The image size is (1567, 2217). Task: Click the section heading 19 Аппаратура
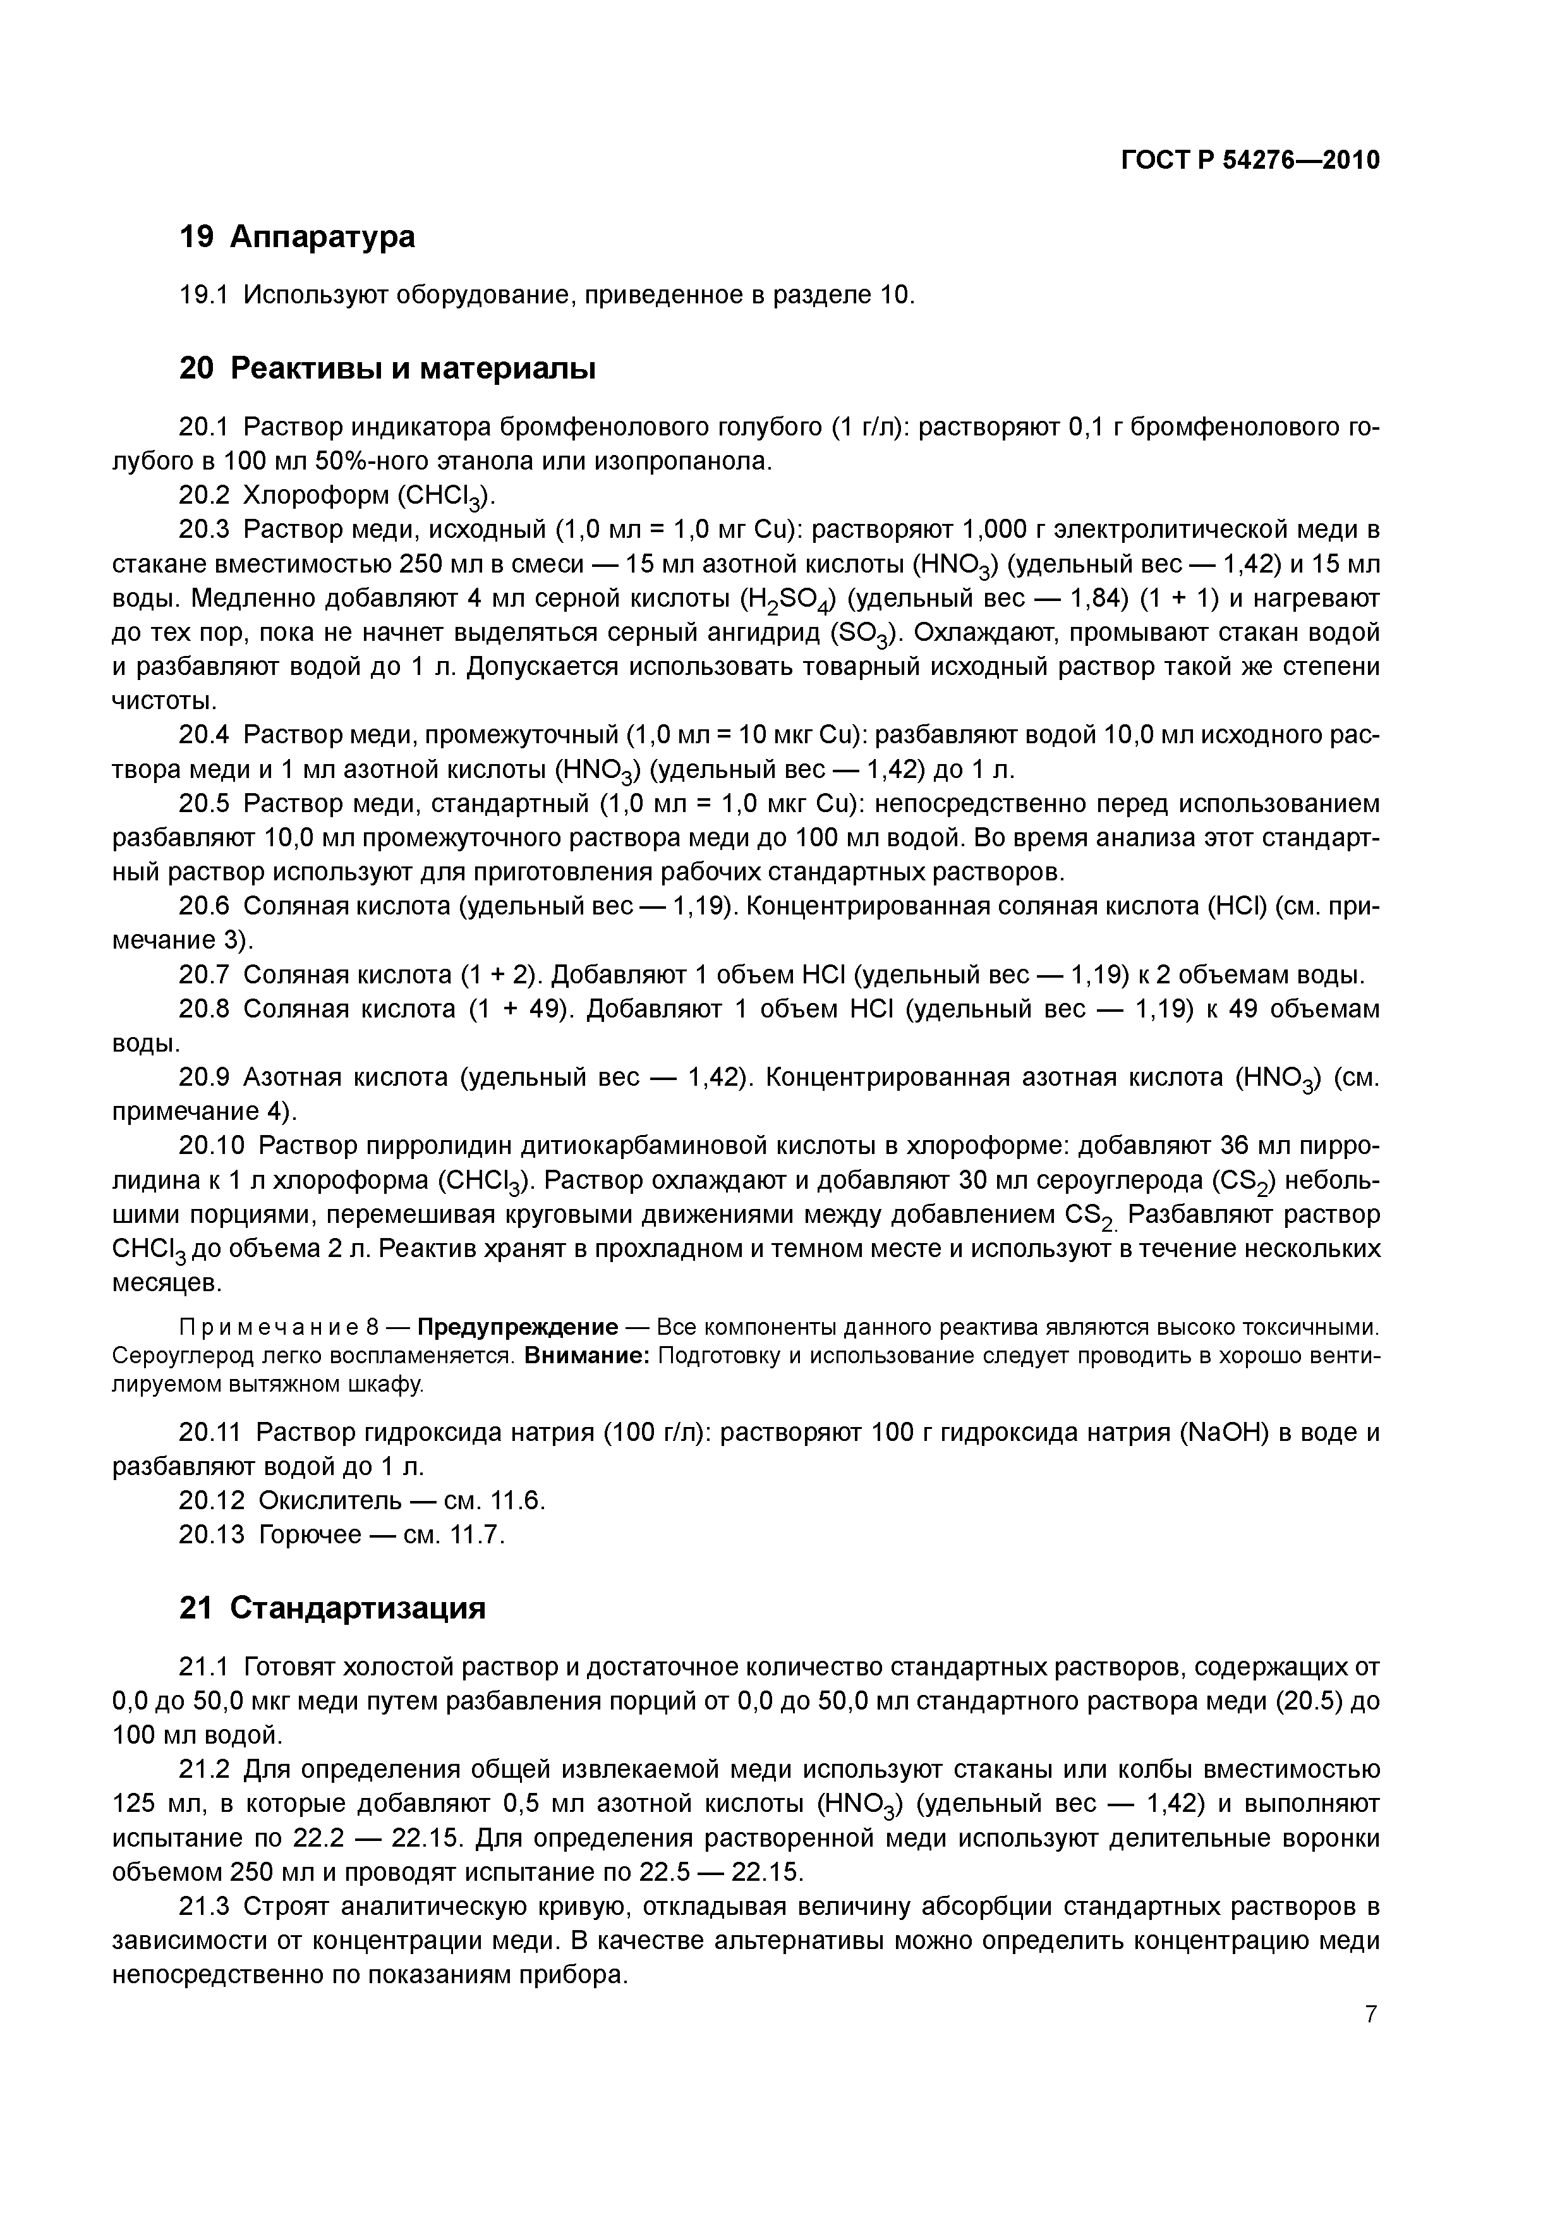298,236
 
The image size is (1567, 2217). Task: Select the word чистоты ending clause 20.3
162,701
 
